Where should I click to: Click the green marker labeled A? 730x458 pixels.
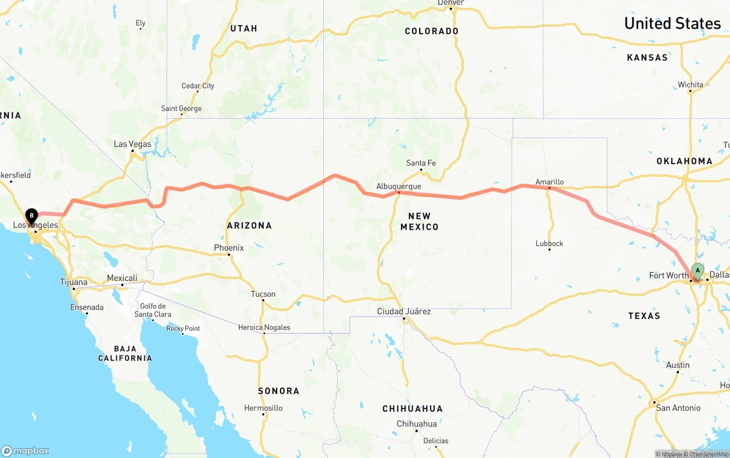[x=697, y=271]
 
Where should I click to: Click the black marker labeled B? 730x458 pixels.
[x=31, y=216]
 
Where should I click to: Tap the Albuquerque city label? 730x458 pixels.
[x=399, y=187]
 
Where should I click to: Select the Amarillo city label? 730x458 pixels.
[x=549, y=182]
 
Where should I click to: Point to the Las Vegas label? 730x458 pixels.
[x=132, y=144]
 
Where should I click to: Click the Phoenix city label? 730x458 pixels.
[x=229, y=248]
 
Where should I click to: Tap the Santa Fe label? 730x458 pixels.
[x=421, y=163]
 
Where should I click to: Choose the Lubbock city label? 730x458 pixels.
[x=549, y=244]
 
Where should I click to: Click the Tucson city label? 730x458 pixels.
[x=263, y=294]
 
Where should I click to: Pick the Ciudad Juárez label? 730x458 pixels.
[x=404, y=311]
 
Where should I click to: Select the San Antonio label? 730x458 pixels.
[x=678, y=408]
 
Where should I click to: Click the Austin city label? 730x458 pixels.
[x=678, y=365]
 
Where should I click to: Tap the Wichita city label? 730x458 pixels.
[x=690, y=85]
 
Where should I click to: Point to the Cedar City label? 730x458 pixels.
[x=198, y=86]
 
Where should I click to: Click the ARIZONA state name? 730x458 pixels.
[x=249, y=225]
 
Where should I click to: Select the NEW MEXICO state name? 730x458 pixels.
[x=419, y=221]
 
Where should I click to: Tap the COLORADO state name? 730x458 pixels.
[x=431, y=31]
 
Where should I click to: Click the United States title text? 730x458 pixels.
[x=672, y=23]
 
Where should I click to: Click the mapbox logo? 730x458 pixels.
[x=25, y=451]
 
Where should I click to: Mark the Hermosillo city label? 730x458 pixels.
[x=263, y=408]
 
